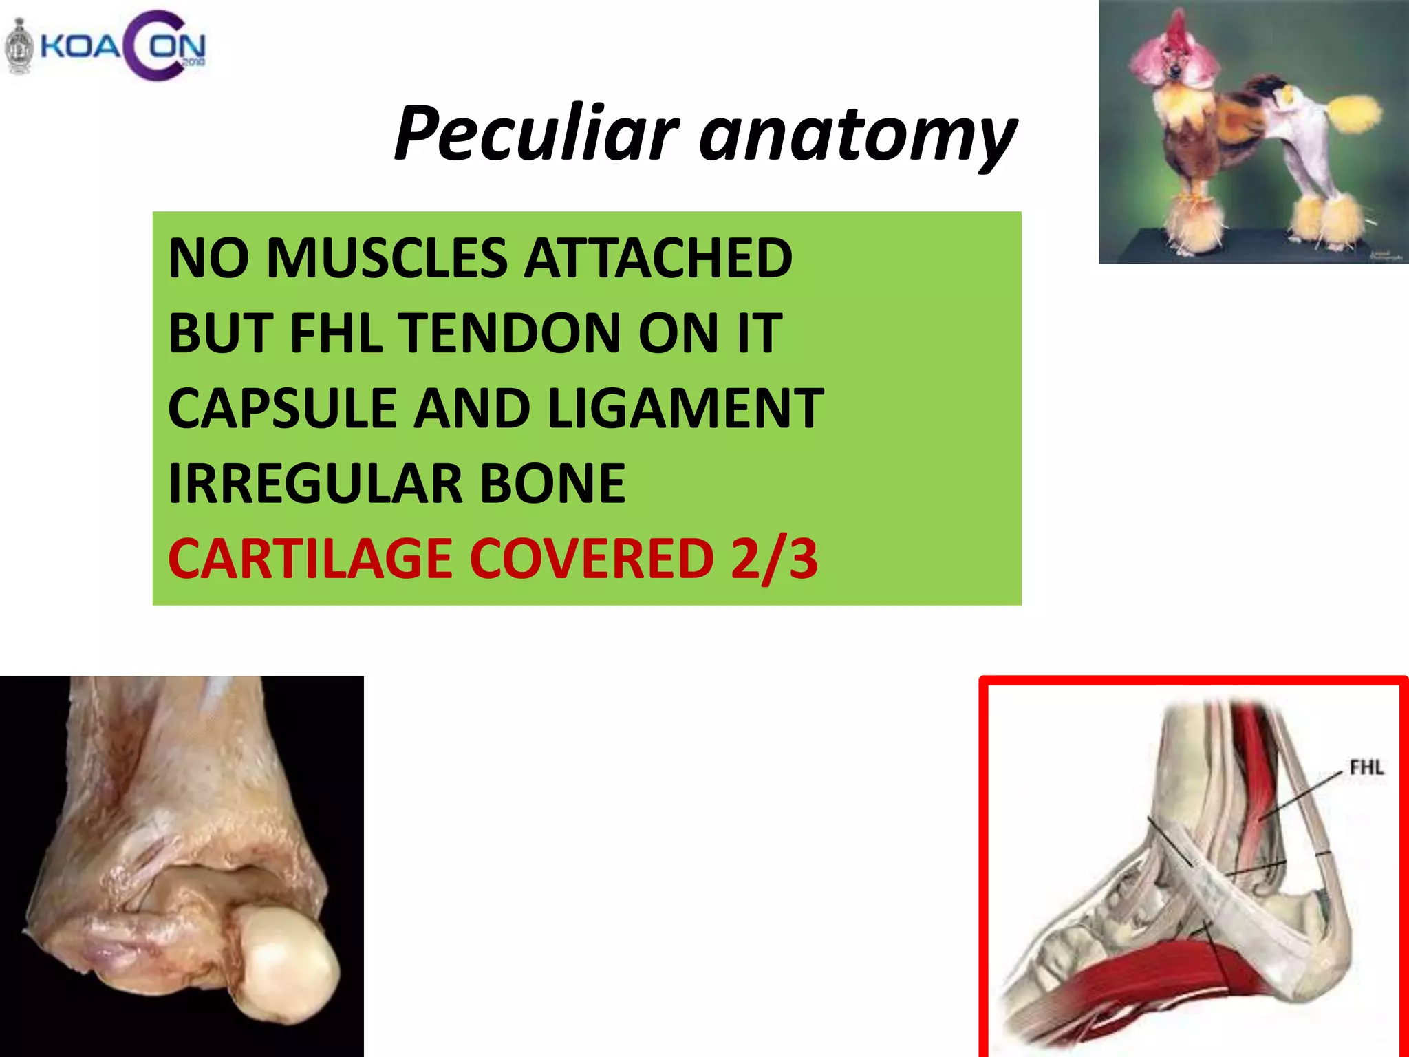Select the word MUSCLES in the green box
pos(389,258)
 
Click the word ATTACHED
pos(658,258)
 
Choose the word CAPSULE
pos(282,409)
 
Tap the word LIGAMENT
pos(685,409)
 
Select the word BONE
pos(552,484)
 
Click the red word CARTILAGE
pos(310,559)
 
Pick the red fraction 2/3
pos(774,559)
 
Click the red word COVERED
pos(592,559)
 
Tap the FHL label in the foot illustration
pos(1366,767)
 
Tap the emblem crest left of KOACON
pos(19,47)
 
